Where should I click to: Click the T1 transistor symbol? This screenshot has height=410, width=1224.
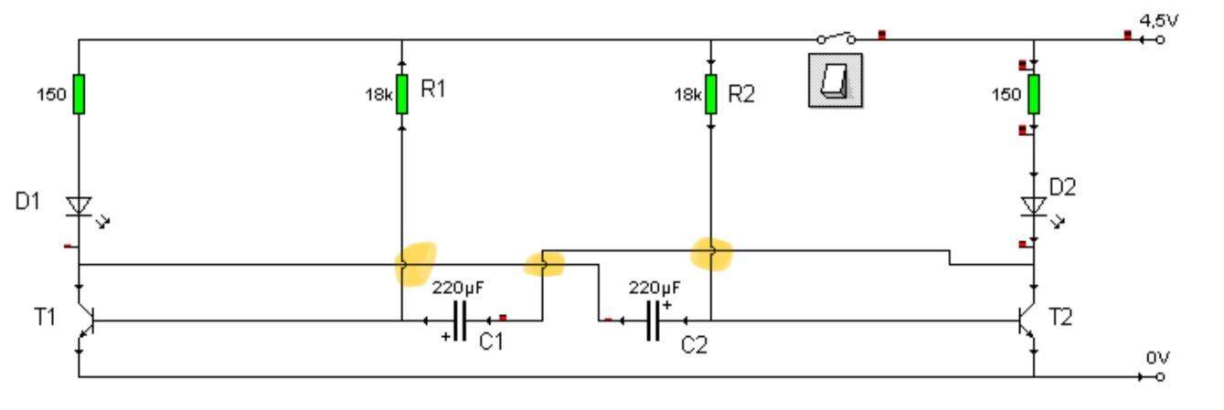(x=84, y=321)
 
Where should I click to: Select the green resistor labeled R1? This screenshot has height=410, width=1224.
(x=401, y=94)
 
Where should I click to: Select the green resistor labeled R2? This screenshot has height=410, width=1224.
(x=710, y=94)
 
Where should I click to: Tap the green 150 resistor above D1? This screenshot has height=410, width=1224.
(x=79, y=94)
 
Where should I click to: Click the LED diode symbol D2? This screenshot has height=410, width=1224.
(x=1034, y=205)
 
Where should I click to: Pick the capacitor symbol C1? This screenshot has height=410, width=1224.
(x=460, y=321)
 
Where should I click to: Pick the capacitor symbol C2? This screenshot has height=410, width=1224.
(x=653, y=321)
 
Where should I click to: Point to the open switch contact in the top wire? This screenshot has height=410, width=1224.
(x=836, y=37)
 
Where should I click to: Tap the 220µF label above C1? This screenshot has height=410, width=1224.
(x=458, y=288)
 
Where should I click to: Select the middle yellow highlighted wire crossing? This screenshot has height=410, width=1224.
(x=543, y=265)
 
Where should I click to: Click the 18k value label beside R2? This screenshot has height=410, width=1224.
(x=687, y=94)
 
